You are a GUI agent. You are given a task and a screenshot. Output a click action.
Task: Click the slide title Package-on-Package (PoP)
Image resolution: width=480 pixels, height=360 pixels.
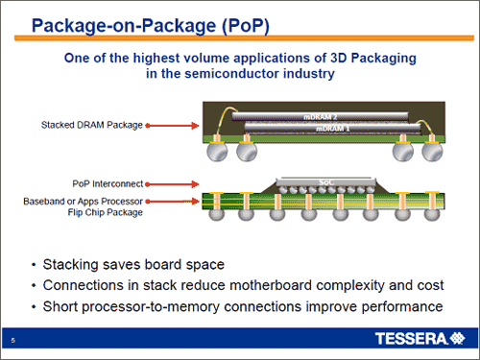pyautogui.click(x=151, y=26)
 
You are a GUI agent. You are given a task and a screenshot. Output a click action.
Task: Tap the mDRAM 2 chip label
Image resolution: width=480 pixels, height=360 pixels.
pyautogui.click(x=320, y=117)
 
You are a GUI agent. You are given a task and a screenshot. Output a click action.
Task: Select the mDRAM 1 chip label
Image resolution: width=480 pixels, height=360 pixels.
pyautogui.click(x=332, y=129)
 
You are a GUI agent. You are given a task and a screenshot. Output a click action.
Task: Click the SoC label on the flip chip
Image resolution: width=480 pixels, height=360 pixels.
pyautogui.click(x=326, y=182)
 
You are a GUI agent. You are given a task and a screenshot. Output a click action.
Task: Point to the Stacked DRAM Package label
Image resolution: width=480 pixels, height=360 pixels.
pyautogui.click(x=92, y=125)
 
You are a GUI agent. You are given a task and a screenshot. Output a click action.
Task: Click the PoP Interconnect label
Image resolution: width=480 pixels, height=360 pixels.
pyautogui.click(x=108, y=184)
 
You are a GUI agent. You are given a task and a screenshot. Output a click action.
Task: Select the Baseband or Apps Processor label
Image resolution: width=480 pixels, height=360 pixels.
pyautogui.click(x=83, y=202)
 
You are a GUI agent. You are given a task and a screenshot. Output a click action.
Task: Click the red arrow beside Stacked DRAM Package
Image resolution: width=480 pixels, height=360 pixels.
pyautogui.click(x=172, y=126)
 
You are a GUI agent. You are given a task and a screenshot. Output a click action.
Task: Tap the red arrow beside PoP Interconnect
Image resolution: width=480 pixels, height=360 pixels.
pyautogui.click(x=172, y=184)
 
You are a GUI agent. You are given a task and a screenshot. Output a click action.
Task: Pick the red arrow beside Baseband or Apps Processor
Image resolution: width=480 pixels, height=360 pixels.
pyautogui.click(x=172, y=202)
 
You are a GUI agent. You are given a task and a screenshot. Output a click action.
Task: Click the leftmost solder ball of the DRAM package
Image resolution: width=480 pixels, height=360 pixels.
pyautogui.click(x=217, y=152)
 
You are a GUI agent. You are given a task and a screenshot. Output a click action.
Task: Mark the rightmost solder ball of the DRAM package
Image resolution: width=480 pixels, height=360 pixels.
pyautogui.click(x=432, y=152)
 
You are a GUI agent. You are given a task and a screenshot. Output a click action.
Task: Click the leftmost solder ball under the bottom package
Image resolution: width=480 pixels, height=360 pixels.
pyautogui.click(x=217, y=214)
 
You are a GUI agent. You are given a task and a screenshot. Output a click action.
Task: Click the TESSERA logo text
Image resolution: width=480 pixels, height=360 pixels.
pyautogui.click(x=412, y=339)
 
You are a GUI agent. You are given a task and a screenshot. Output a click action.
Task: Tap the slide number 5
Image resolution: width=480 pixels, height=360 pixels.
pyautogui.click(x=13, y=340)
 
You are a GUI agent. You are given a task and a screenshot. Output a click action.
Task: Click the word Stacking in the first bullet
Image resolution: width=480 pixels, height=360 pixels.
pyautogui.click(x=70, y=265)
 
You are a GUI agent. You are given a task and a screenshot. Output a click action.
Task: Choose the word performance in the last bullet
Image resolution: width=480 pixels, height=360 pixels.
pyautogui.click(x=402, y=307)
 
